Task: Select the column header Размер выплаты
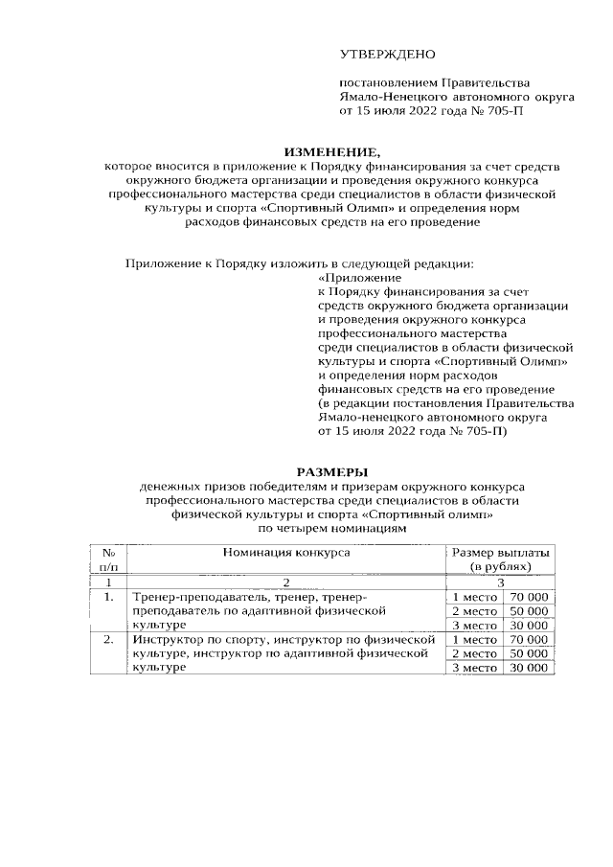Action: (x=501, y=553)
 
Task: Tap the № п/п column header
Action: (x=109, y=560)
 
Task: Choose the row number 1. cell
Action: (x=109, y=597)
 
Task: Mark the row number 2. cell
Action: (x=109, y=638)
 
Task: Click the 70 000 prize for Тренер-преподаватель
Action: (x=529, y=597)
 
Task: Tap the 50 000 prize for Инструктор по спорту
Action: (x=529, y=652)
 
